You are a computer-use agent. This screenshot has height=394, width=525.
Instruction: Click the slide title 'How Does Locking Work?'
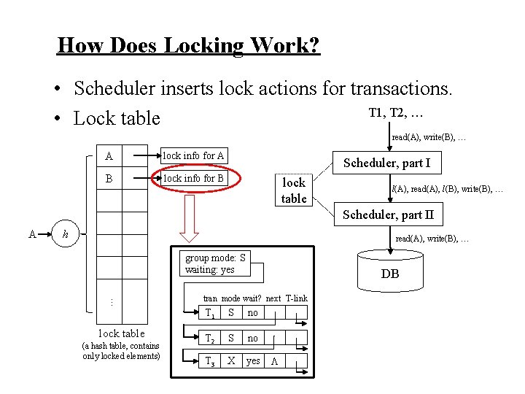tap(188, 45)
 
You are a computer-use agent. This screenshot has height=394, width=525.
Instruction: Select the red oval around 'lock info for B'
tap(193, 178)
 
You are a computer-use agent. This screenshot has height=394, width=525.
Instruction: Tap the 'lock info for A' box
tap(193, 155)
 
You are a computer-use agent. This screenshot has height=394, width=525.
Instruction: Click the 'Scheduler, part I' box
tap(386, 163)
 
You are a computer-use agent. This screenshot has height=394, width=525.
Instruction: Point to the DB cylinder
tap(389, 271)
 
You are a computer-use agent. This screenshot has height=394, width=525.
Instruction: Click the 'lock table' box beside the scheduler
tap(294, 190)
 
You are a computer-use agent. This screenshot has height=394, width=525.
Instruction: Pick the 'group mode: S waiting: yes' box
tap(216, 264)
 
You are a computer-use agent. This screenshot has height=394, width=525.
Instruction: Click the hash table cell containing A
tap(109, 155)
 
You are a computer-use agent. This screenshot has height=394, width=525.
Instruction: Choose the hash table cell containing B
tap(109, 178)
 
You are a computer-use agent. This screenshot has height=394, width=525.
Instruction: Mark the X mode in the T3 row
tap(231, 361)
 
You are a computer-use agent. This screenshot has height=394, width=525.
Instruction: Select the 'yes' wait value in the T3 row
tap(253, 361)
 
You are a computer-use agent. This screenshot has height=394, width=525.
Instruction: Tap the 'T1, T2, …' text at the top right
tap(397, 113)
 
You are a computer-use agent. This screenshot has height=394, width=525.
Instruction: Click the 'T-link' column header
tap(297, 298)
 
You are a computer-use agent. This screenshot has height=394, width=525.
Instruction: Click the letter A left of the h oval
tap(32, 233)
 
